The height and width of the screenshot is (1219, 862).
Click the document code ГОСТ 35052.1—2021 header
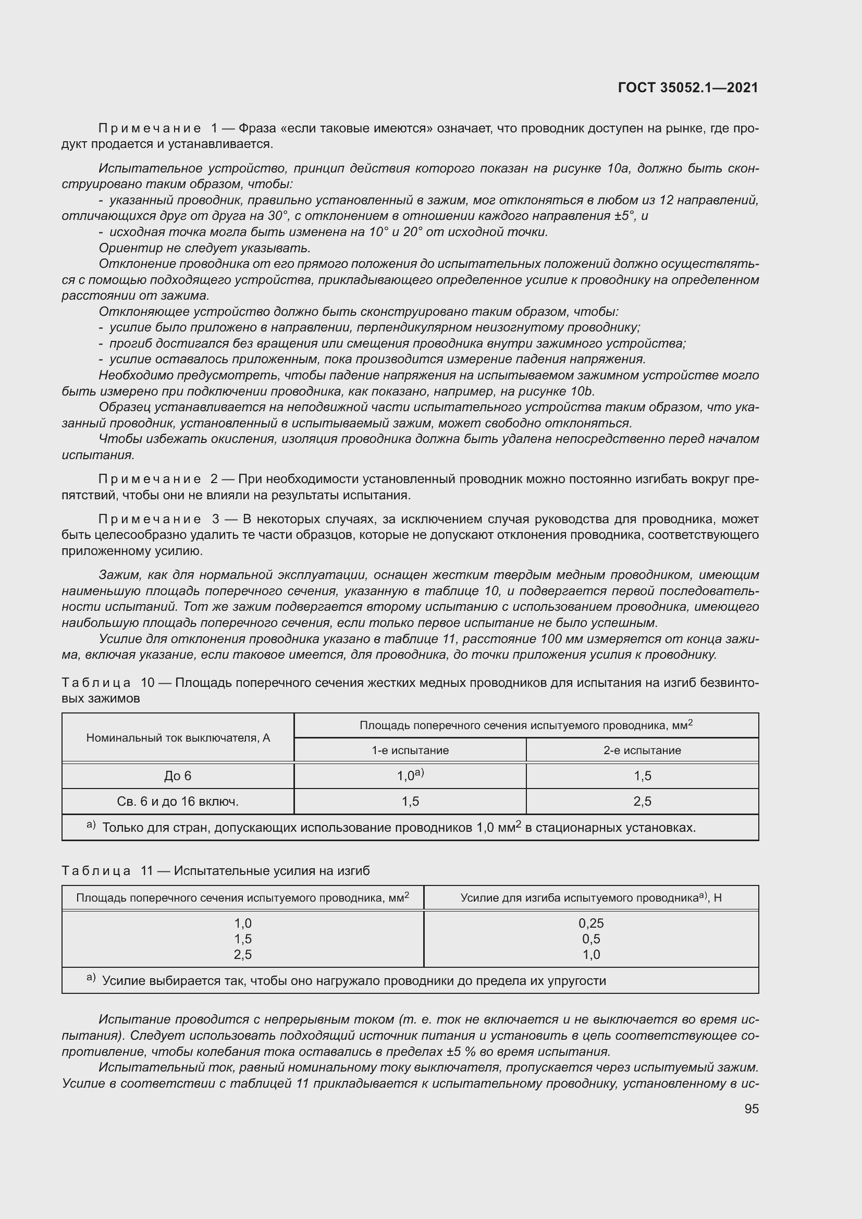pos(688,88)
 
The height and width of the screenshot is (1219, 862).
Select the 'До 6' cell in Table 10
pos(177,776)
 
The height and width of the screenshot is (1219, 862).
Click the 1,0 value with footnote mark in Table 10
pos(410,775)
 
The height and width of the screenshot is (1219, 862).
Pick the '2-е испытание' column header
pos(642,750)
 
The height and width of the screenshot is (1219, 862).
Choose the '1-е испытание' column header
pos(410,750)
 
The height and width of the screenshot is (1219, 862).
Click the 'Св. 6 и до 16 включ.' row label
pos(177,802)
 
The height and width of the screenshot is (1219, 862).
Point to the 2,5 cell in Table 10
pos(642,802)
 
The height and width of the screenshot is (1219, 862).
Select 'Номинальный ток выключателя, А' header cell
pos(177,738)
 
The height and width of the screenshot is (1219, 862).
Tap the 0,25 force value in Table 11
pos(591,924)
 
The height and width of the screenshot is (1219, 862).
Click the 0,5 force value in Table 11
pos(591,939)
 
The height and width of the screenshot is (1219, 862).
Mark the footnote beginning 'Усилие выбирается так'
pos(353,981)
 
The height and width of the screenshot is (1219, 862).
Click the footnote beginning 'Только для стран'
pos(398,828)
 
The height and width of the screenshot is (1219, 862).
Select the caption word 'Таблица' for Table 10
pos(96,682)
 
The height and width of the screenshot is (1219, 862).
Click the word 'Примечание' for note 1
pos(150,129)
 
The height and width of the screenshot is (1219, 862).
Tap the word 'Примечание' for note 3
pos(150,519)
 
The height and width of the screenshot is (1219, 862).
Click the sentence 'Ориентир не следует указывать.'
pos(204,248)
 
